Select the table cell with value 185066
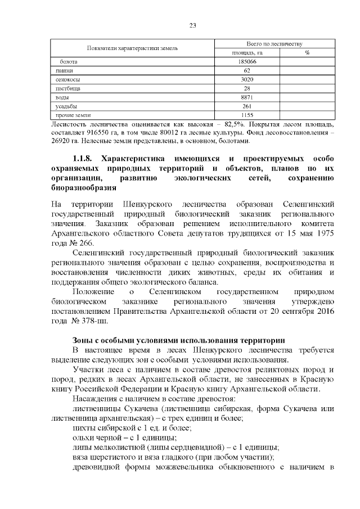tap(247, 61)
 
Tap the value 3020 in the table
tap(247, 79)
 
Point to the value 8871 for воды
tap(247, 97)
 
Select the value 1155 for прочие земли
tap(247, 115)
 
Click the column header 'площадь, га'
tap(247, 52)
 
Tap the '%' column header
tap(307, 52)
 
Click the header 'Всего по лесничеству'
tap(275, 43)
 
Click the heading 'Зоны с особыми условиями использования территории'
tap(179, 340)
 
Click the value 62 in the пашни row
tap(247, 70)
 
